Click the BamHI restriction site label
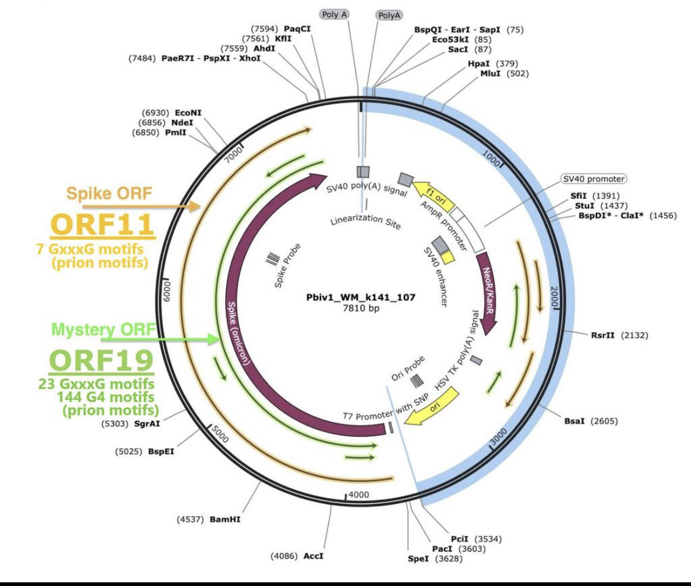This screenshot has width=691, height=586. pyautogui.click(x=225, y=520)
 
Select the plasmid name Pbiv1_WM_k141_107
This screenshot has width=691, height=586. pyautogui.click(x=361, y=297)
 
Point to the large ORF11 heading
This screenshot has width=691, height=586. pyautogui.click(x=103, y=224)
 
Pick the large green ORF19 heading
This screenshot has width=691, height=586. pyautogui.click(x=101, y=361)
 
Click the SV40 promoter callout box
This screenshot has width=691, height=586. pyautogui.click(x=593, y=179)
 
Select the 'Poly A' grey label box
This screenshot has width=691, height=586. pyautogui.click(x=335, y=15)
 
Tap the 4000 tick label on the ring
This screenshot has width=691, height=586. pyautogui.click(x=359, y=495)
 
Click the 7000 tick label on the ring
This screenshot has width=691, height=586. pyautogui.click(x=234, y=155)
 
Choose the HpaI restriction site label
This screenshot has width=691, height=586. pyautogui.click(x=479, y=63)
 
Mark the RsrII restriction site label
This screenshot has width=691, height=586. pyautogui.click(x=603, y=335)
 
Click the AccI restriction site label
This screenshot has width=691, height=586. pyautogui.click(x=313, y=556)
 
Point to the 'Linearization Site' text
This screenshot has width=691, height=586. pyautogui.click(x=366, y=221)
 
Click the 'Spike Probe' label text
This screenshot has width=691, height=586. pyautogui.click(x=287, y=266)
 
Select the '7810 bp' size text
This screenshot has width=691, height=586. pyautogui.click(x=361, y=308)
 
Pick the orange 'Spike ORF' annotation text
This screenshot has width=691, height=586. pyautogui.click(x=109, y=193)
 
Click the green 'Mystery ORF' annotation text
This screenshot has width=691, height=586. pyautogui.click(x=104, y=329)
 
